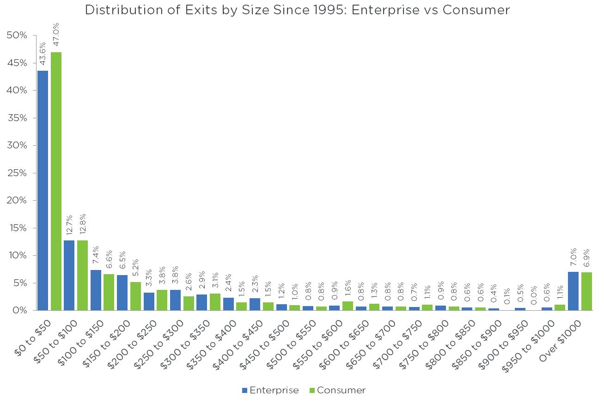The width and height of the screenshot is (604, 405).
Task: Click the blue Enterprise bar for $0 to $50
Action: pos(43,190)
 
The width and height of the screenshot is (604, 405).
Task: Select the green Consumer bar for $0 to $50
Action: pos(56,181)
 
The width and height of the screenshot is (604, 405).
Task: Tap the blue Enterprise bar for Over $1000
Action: pos(573,291)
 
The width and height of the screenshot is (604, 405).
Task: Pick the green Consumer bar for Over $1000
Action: pos(586,291)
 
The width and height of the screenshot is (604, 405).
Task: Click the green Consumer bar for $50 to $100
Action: pos(82,275)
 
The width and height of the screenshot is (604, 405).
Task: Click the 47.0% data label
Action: pos(56,38)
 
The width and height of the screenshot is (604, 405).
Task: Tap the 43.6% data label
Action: pos(43,54)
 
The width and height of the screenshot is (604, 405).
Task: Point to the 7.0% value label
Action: pos(573,260)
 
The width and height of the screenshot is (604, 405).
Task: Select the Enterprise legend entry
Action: pos(270,390)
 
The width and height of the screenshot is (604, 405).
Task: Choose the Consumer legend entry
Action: pos(337,390)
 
